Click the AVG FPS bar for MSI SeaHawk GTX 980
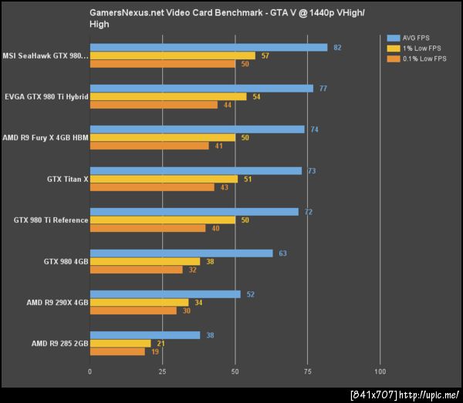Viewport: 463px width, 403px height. [x=208, y=47]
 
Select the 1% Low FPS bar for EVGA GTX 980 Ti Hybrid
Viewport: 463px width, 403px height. [x=168, y=96]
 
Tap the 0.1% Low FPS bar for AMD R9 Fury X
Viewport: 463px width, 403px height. [x=150, y=146]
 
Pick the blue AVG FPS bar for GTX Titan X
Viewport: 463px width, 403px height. [x=196, y=170]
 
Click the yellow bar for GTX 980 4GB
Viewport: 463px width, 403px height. [x=145, y=261]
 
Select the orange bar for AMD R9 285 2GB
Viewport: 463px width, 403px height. [x=117, y=351]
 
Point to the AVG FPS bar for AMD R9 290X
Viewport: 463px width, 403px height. [x=165, y=294]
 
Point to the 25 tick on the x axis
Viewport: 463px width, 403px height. [x=163, y=371]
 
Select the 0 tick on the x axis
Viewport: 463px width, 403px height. [x=90, y=371]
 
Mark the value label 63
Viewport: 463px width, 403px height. [x=282, y=253]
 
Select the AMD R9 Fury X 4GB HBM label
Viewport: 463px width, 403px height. [x=46, y=137]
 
